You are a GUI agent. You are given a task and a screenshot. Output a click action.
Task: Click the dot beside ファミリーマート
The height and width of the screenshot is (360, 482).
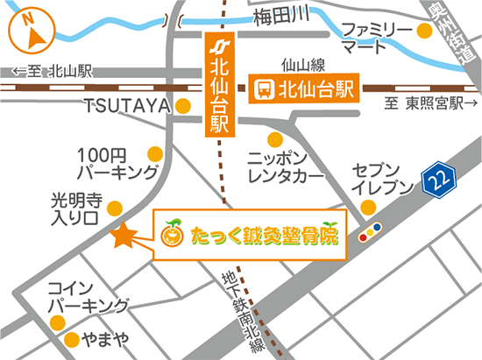tap(425, 32)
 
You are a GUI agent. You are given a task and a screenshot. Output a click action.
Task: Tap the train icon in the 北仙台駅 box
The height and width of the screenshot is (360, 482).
tap(262, 88)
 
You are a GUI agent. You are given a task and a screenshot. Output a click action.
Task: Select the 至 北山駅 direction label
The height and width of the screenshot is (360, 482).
tap(53, 72)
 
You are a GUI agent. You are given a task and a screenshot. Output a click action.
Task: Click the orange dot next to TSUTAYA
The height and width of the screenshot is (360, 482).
tap(183, 106)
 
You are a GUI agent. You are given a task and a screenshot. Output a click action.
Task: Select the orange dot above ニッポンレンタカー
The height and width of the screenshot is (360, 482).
tap(275, 138)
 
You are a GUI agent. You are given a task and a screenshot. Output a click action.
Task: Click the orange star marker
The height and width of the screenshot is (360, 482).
tap(123, 234)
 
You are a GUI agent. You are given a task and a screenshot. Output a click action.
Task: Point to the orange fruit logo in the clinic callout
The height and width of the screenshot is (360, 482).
tap(172, 234)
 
